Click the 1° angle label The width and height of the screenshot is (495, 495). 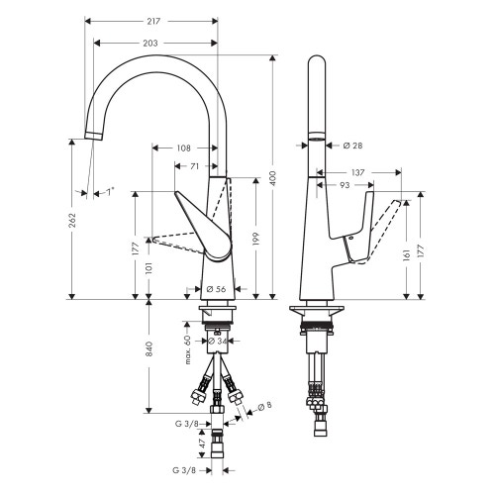click(110, 193)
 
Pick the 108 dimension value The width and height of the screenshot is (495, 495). click(183, 148)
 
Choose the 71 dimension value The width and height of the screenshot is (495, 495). click(195, 166)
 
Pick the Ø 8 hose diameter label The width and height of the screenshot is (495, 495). click(264, 406)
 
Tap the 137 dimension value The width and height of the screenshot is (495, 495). click(358, 172)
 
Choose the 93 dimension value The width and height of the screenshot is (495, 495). click(344, 184)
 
